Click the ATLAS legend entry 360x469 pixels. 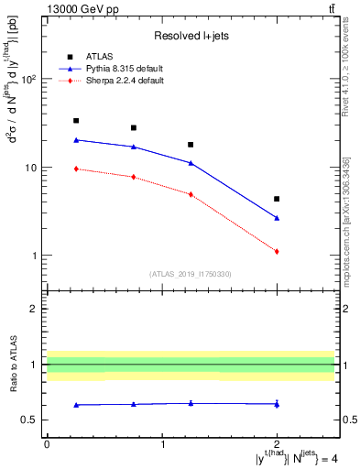(100, 56)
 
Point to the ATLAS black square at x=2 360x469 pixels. (277, 199)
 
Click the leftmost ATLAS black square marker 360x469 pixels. (76, 121)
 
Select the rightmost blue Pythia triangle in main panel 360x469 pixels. (277, 218)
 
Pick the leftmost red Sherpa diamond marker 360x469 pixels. (76, 169)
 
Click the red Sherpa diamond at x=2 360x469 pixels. (277, 251)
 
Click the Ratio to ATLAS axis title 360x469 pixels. (13, 365)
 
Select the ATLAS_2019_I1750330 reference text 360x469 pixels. (190, 273)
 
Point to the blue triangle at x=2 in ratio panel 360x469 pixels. (277, 404)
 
